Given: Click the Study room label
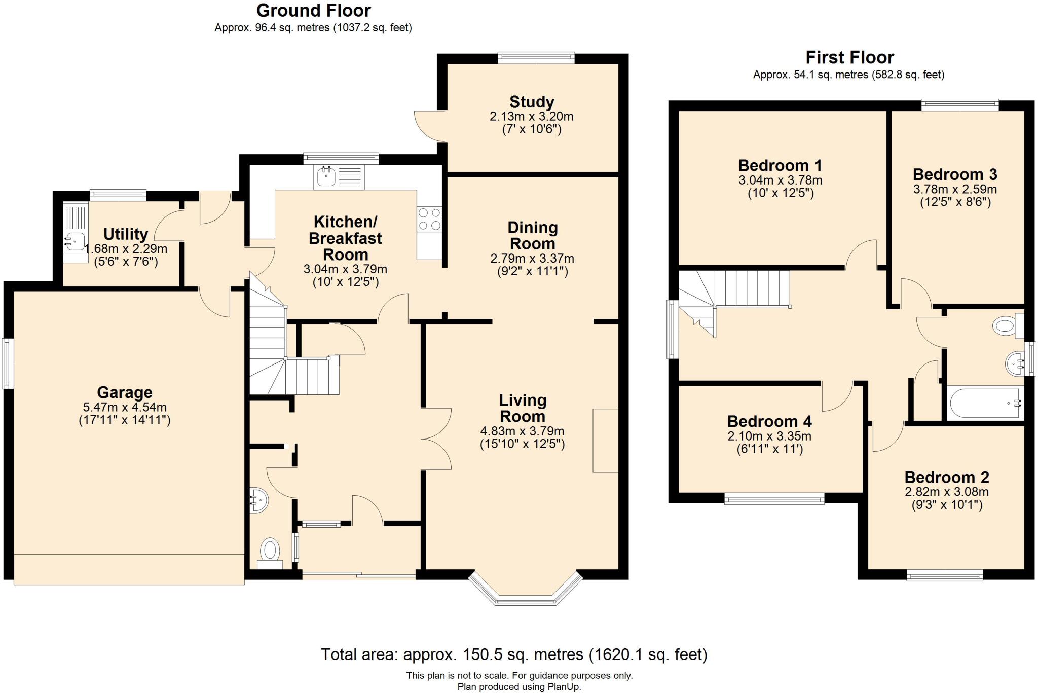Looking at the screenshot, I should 532,102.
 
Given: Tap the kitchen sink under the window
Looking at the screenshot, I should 325,177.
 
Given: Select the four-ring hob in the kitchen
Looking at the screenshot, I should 429,220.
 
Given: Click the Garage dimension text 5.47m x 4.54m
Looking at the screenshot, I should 125,407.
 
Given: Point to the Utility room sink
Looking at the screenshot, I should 73,241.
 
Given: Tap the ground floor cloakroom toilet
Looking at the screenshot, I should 270,550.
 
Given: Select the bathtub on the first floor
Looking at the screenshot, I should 983,404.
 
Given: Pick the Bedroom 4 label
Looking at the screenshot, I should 769,422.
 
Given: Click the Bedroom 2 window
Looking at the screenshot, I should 944,575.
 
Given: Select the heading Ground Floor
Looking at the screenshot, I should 313,10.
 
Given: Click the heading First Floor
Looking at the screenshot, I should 849,57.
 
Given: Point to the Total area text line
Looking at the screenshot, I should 514,654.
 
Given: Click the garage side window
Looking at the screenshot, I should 7,363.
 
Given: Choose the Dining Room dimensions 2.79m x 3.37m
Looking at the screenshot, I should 532,259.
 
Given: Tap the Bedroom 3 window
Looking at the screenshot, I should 959,105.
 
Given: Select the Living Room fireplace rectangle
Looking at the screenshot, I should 605,441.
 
